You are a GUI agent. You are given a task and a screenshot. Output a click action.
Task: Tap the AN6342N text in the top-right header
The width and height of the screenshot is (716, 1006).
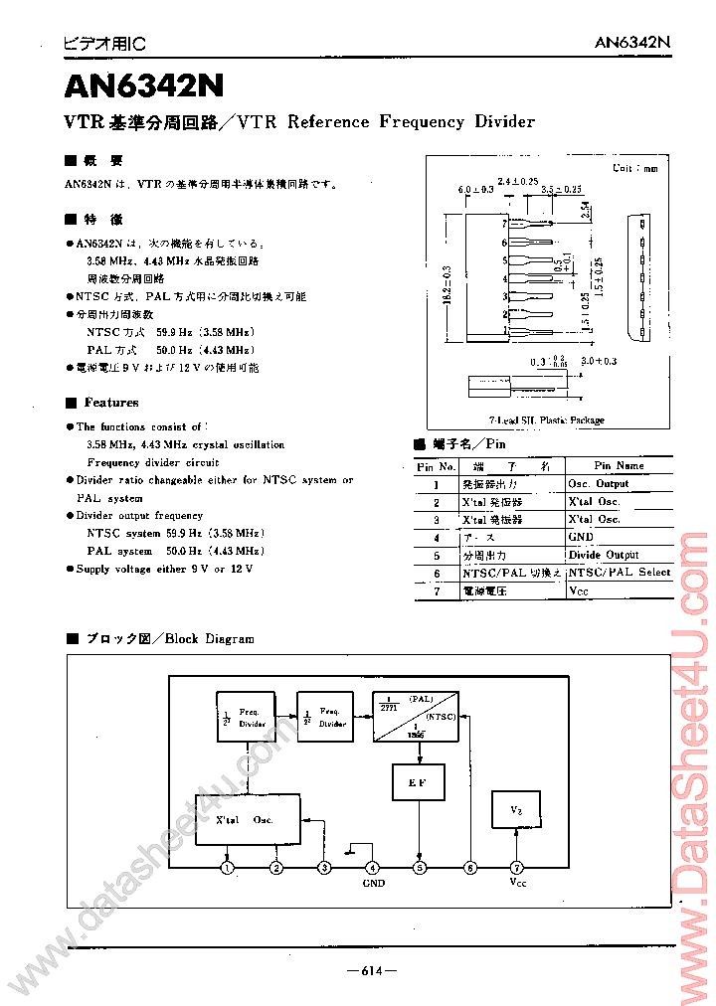tap(632, 43)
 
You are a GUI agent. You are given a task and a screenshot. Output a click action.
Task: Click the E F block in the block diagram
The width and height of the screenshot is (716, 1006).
tap(420, 782)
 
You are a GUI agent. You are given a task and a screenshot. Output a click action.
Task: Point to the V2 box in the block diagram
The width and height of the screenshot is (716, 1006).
tap(516, 810)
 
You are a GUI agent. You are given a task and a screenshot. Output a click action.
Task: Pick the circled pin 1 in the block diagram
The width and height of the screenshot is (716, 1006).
tap(229, 868)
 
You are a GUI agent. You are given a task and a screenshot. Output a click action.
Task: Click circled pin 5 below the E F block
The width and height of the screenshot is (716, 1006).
tap(420, 868)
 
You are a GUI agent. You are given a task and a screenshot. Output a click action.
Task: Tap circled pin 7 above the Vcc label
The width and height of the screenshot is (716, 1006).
tap(516, 868)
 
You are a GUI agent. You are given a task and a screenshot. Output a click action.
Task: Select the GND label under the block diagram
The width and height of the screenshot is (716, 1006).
tap(373, 884)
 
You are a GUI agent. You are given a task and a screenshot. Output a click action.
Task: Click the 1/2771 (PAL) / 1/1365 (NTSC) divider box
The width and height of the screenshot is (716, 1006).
tap(415, 716)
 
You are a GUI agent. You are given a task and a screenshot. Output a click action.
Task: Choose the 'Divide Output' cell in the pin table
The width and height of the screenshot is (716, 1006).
tap(604, 555)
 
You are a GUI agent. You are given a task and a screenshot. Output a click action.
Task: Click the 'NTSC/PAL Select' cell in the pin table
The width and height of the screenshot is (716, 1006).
tap(619, 573)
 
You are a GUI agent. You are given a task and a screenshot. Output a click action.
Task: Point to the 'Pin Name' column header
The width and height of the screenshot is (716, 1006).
tap(619, 465)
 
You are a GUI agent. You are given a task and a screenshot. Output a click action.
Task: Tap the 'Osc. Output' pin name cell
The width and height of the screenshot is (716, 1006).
tap(598, 483)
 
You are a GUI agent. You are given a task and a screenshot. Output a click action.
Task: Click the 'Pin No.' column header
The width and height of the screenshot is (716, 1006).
tap(436, 465)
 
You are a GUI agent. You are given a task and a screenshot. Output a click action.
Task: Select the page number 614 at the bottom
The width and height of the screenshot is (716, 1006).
tap(371, 970)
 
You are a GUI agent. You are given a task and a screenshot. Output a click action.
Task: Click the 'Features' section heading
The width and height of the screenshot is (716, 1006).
tap(111, 403)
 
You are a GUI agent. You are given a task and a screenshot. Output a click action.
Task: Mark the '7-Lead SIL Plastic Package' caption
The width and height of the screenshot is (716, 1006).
tap(546, 420)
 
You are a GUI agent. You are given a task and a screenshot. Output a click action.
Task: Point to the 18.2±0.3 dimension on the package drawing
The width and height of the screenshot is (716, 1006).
tap(449, 284)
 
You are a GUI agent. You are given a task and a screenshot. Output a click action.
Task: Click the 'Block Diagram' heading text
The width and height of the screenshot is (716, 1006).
tap(210, 639)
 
